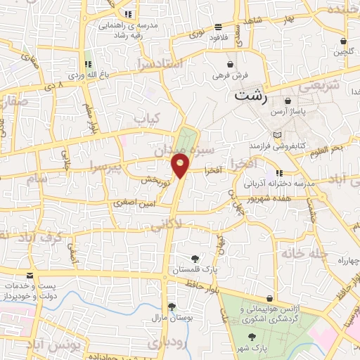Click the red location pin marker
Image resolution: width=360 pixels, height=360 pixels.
(x=181, y=166)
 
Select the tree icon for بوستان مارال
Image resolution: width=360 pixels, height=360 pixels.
(x=172, y=307)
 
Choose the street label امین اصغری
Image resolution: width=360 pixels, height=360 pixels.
(x=134, y=202)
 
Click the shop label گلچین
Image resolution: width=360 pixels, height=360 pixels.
(x=342, y=51)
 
